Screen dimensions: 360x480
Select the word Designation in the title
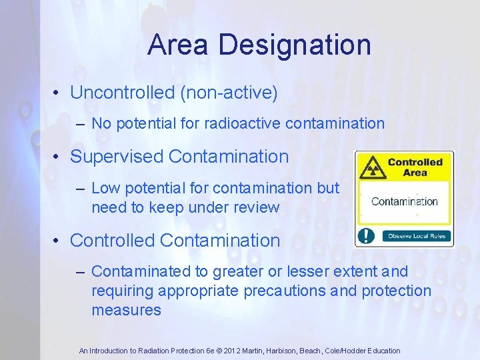(294, 45)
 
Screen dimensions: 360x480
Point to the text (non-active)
(229, 93)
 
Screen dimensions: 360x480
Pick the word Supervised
(117, 157)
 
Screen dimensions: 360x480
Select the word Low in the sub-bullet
(104, 188)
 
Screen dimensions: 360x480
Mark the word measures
(126, 310)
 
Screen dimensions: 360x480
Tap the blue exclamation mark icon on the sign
(366, 235)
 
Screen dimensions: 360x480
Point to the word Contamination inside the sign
(405, 201)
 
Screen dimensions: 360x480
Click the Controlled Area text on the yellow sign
(415, 167)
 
